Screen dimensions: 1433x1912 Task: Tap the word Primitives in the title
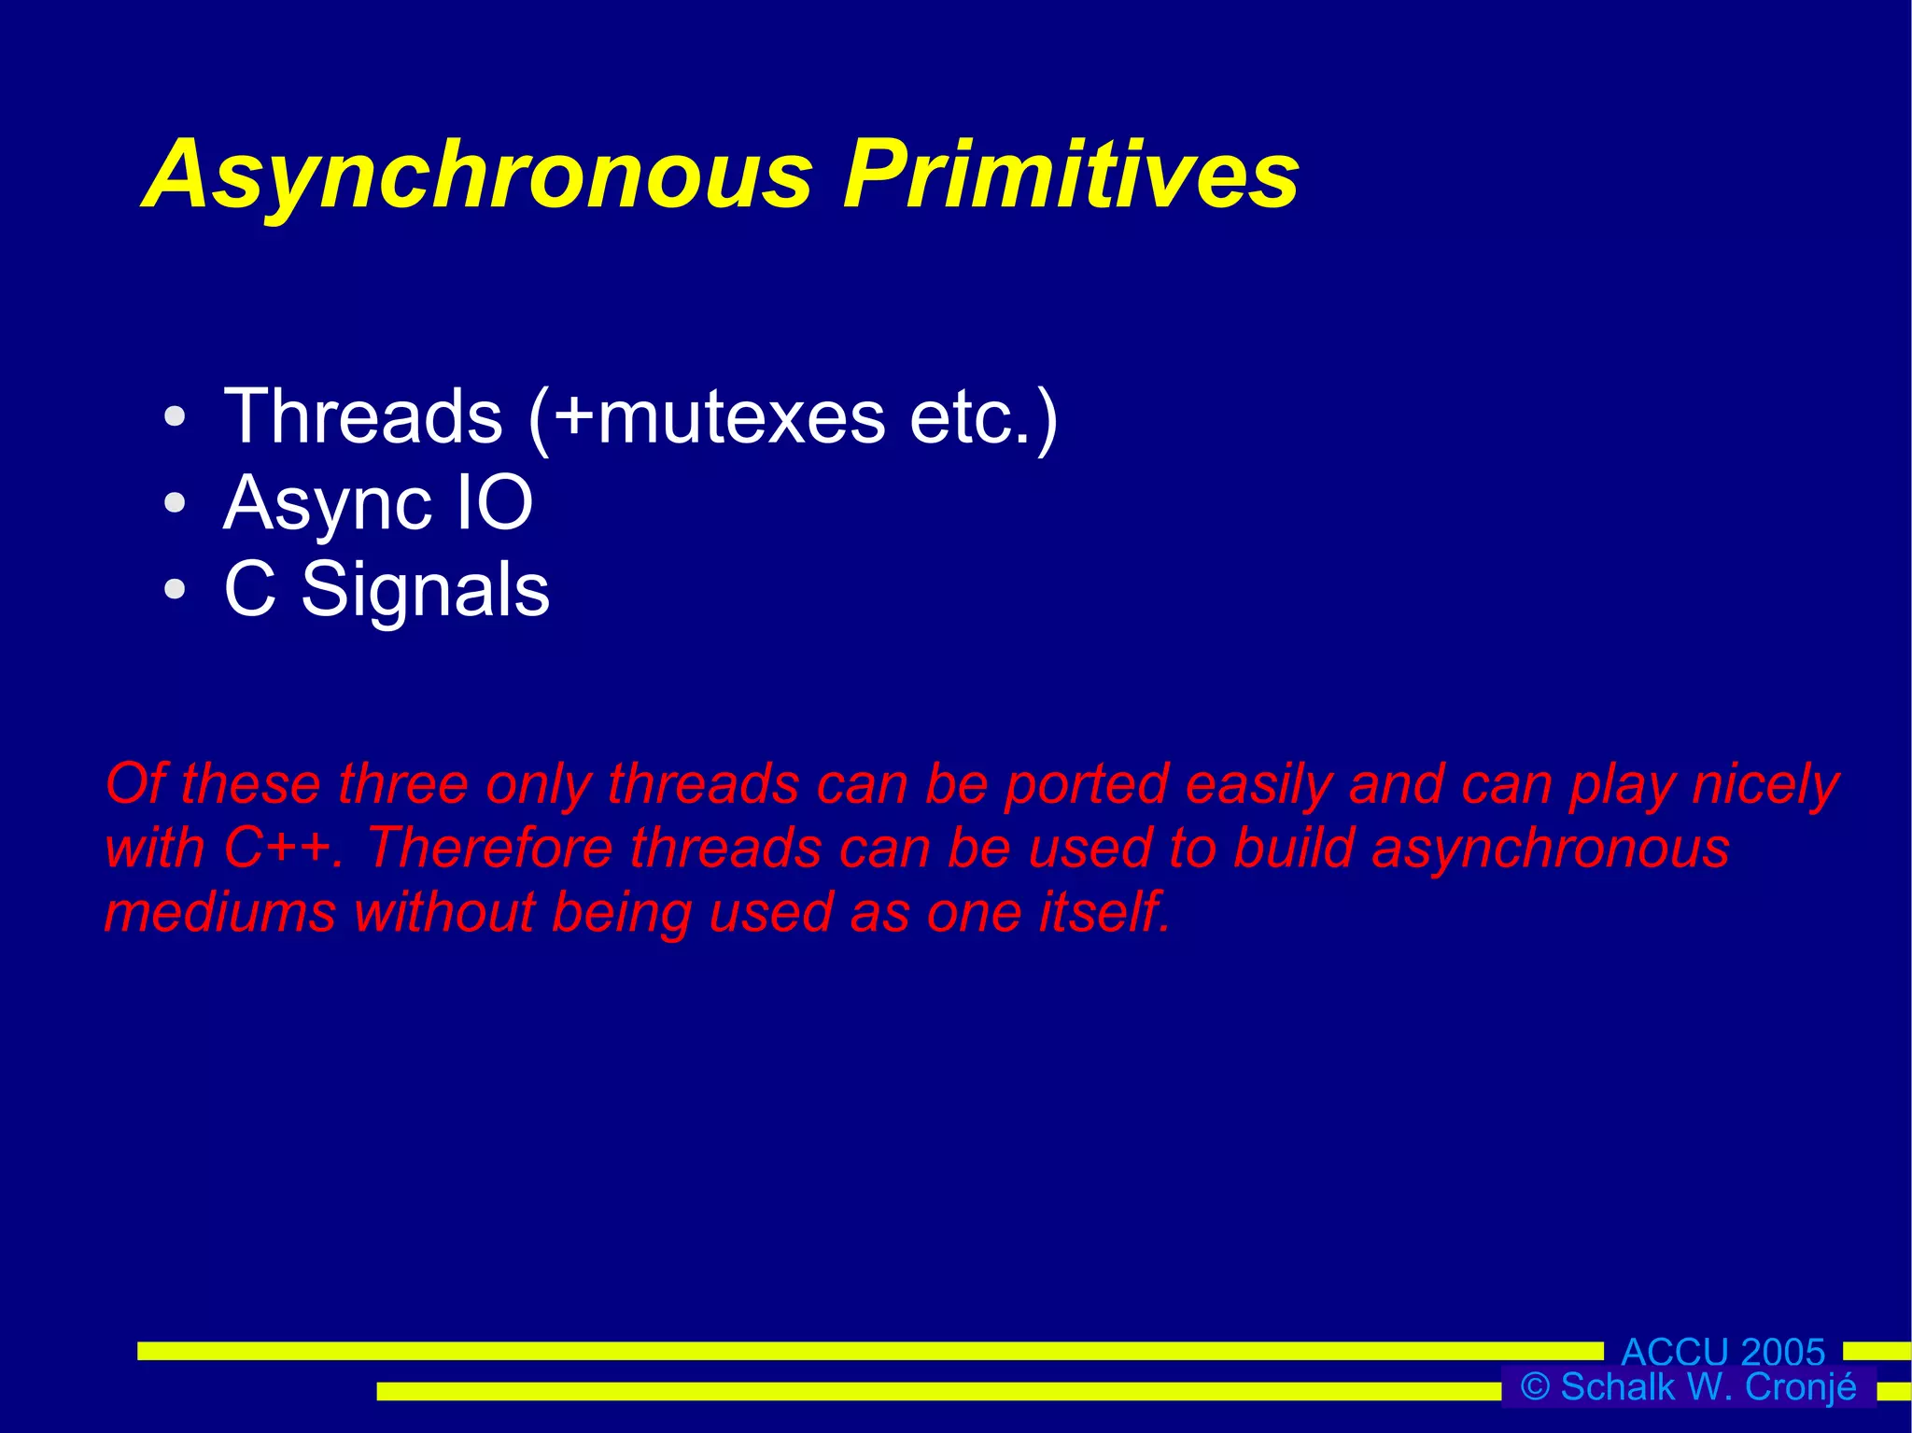pos(1070,175)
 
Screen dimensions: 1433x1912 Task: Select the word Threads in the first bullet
pos(363,416)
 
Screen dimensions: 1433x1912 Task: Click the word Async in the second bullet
pos(327,504)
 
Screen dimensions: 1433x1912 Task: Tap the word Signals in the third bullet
pos(426,590)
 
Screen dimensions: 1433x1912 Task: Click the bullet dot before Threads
pos(175,417)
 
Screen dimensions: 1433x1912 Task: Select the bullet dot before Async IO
pos(175,503)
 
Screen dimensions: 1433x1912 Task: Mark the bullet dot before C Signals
pos(175,590)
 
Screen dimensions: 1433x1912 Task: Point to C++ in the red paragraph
pos(277,848)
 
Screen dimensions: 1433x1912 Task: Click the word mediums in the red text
pos(219,911)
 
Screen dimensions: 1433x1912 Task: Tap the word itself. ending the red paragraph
pos(1104,911)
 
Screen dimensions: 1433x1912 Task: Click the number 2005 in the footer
pos(1782,1352)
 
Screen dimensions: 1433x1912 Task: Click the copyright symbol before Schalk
pos(1535,1386)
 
